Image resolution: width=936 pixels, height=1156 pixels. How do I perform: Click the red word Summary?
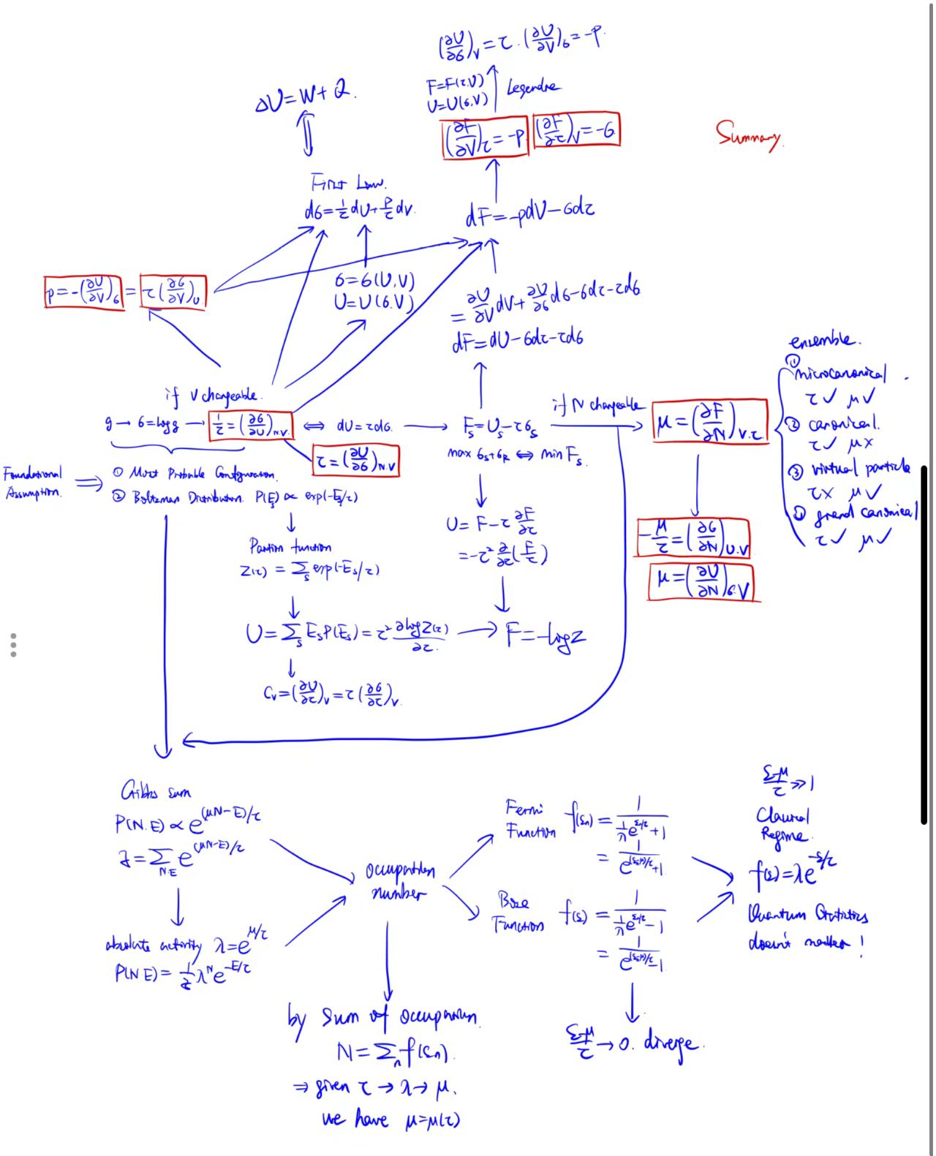coord(748,135)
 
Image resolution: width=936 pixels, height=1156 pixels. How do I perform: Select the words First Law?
coord(348,182)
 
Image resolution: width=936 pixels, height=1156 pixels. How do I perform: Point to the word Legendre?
coord(533,88)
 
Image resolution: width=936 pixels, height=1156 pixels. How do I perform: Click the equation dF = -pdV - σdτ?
coord(529,213)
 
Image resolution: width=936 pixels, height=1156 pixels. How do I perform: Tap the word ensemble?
coord(824,341)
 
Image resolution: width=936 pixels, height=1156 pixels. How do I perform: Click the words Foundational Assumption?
coord(33,483)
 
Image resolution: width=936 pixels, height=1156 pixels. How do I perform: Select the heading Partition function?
coord(290,546)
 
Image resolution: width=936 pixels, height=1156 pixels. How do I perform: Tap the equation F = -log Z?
coord(546,635)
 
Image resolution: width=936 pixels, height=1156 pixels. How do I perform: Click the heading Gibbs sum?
coord(156,791)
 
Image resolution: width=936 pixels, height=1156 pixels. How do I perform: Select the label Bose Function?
coord(518,911)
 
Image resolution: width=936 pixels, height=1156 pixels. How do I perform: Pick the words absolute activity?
coord(153,945)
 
